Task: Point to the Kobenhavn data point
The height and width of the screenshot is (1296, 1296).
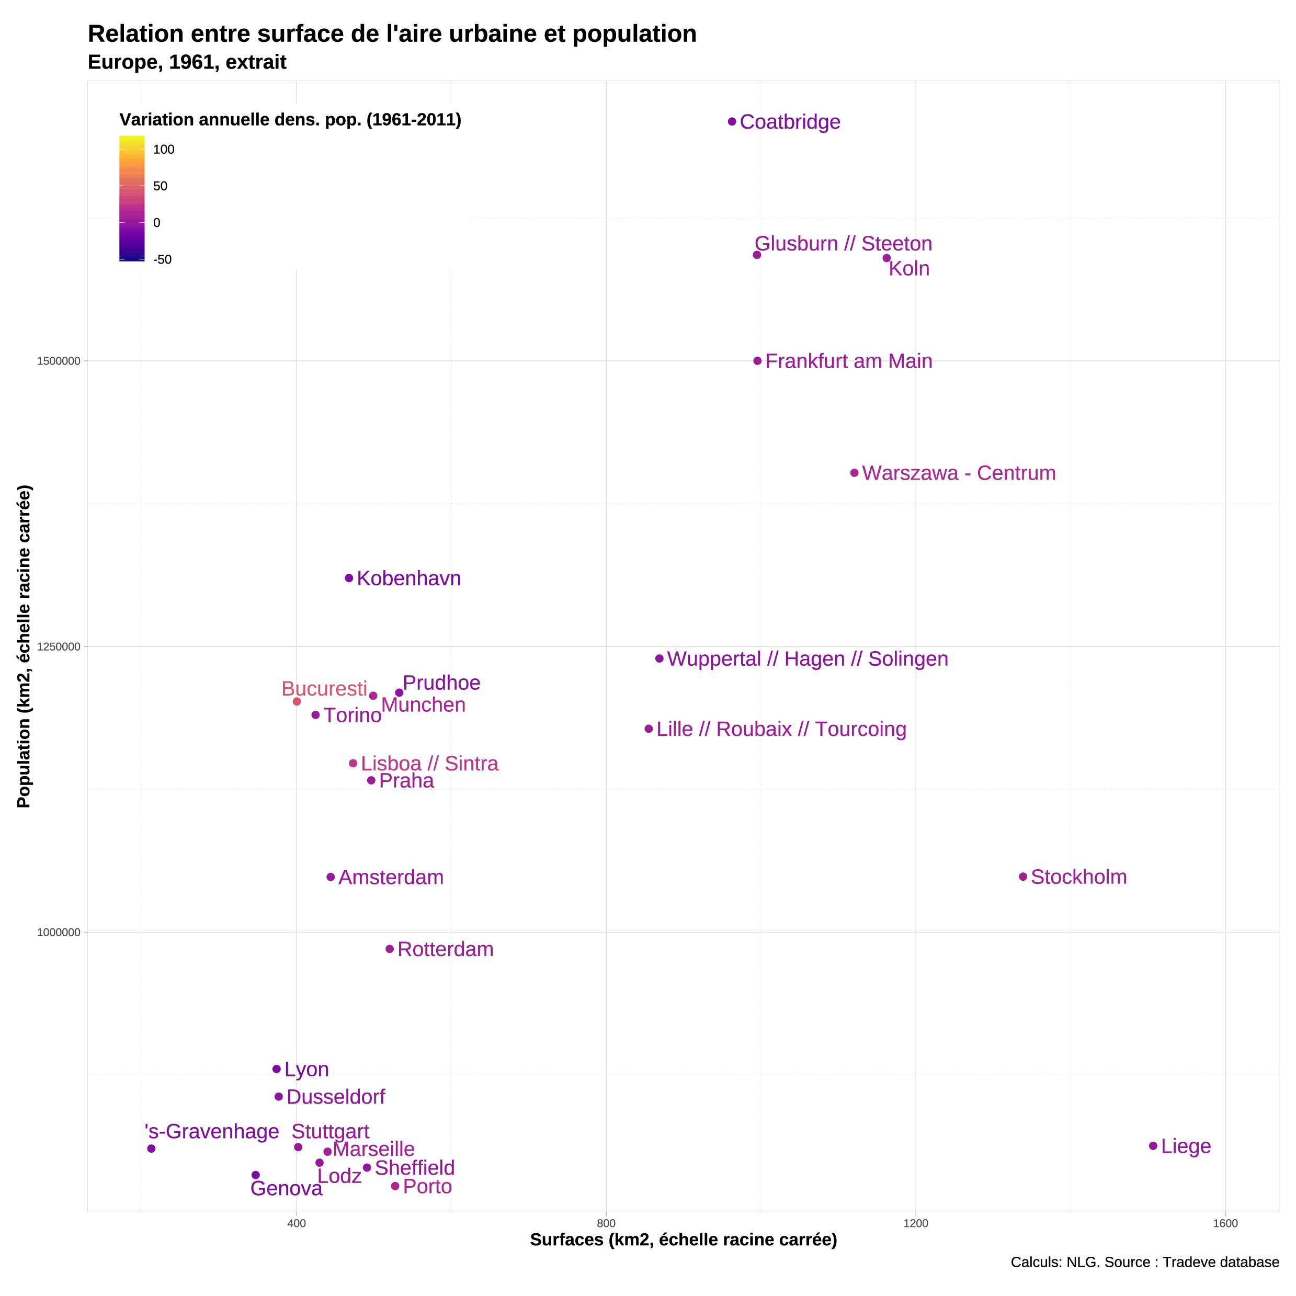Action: click(x=349, y=578)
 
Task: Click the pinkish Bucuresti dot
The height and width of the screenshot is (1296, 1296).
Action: click(x=297, y=702)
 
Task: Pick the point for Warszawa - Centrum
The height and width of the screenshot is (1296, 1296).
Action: click(x=854, y=473)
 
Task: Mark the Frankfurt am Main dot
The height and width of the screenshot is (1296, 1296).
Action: click(x=757, y=361)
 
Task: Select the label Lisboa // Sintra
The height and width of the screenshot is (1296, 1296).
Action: click(x=429, y=764)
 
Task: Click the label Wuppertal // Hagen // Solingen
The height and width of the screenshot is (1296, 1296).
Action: click(x=807, y=659)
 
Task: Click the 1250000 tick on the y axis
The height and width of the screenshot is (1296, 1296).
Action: click(x=59, y=646)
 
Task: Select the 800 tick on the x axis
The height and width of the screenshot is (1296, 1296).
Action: click(x=606, y=1223)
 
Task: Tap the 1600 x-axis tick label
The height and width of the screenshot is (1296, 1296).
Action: click(x=1225, y=1223)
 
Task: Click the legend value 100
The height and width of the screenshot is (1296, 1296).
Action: click(x=164, y=150)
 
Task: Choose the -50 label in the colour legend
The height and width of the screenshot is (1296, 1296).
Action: click(x=162, y=259)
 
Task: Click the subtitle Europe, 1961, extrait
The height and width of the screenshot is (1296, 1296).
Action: click(x=187, y=62)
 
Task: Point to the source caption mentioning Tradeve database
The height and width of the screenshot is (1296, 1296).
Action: click(x=1144, y=1262)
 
